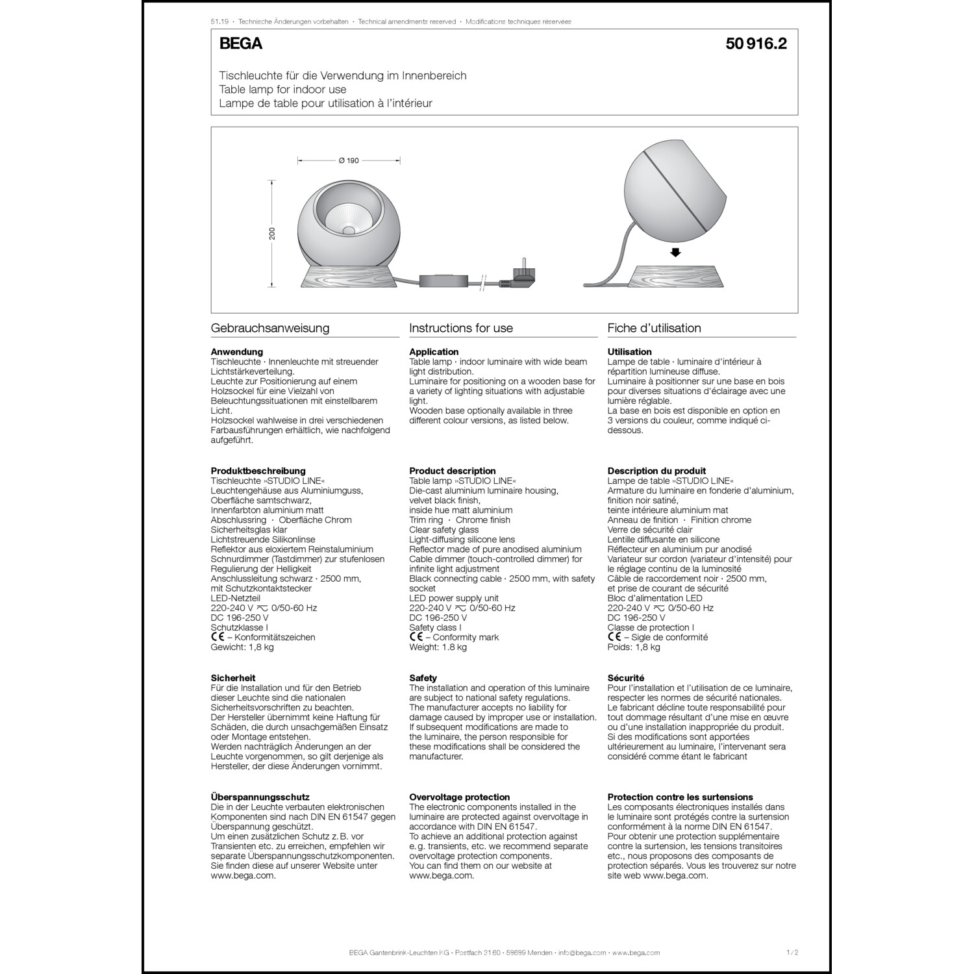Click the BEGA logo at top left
241,44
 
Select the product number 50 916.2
756,44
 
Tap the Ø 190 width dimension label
349,160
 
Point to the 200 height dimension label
273,233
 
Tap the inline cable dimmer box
443,281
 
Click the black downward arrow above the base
675,253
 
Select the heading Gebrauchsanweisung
270,328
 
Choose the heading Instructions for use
461,328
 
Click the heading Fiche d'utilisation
654,328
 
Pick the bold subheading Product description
452,471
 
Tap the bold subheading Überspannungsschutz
260,797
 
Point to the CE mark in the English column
416,637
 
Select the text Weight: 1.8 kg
438,647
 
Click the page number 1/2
792,953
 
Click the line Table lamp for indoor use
282,90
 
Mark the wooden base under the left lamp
349,275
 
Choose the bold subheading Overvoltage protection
459,797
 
